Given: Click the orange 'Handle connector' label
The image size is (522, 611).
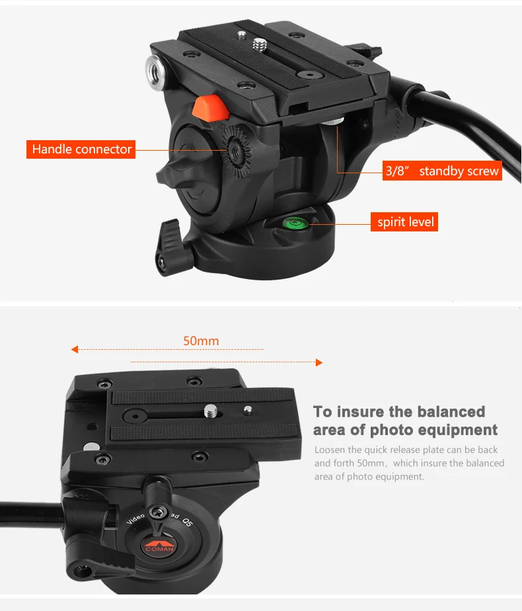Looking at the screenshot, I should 82,149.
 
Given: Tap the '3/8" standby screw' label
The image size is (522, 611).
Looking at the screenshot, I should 443,171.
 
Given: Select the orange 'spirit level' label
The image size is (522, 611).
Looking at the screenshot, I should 406,222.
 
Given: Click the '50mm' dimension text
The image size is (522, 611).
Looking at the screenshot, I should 201,341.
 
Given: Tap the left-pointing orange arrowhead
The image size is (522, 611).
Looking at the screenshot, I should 75,348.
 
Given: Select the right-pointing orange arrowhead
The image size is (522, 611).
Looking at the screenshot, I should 318,362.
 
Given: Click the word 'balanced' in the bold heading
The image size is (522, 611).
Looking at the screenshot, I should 450,412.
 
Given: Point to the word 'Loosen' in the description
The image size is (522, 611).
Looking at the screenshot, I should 329,450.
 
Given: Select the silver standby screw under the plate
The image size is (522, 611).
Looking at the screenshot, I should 336,123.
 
